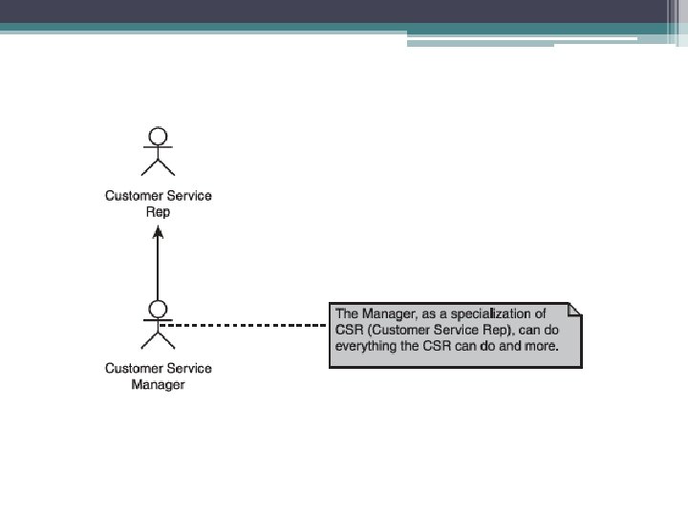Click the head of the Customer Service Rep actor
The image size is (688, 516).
[159, 136]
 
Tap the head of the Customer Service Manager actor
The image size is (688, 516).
[159, 309]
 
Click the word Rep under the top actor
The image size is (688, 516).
[159, 212]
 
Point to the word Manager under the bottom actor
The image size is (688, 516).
[159, 385]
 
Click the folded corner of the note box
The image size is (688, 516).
[574, 310]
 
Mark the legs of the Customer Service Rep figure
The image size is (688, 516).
[159, 168]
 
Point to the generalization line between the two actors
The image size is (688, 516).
[159, 272]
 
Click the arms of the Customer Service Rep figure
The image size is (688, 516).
[159, 149]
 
